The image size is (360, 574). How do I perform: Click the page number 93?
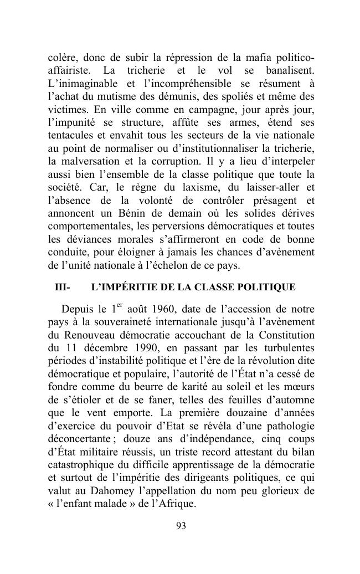[180, 526]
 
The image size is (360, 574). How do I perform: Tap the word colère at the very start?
[61, 59]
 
